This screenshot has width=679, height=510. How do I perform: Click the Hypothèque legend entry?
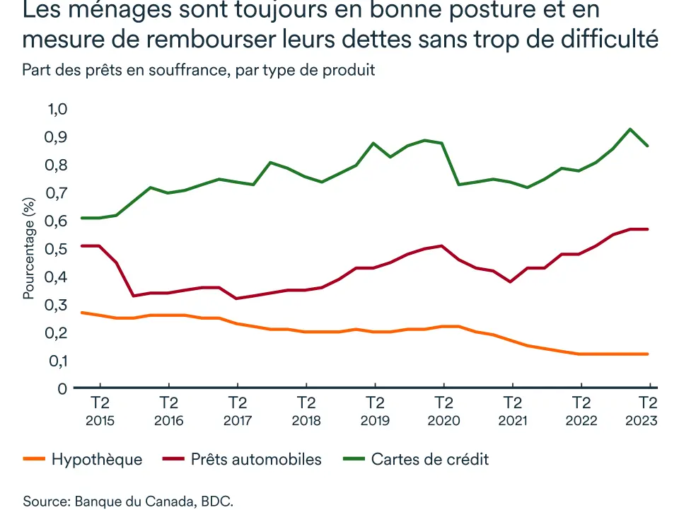pos(96,460)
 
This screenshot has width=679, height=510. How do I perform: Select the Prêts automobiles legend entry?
pos(255,460)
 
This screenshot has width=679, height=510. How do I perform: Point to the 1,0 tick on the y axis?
pos(56,109)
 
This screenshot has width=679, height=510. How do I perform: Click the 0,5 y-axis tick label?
pos(56,249)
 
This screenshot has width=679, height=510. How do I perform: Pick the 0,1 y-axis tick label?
pos(56,361)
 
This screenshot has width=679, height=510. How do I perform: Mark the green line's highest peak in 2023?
pos(629,129)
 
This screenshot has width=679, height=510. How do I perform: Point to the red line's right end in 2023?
pos(647,229)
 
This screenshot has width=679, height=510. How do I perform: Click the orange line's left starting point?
pos(82,312)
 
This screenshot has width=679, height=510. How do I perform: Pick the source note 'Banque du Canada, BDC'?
pos(152,502)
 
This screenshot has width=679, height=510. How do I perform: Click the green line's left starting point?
pos(82,218)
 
